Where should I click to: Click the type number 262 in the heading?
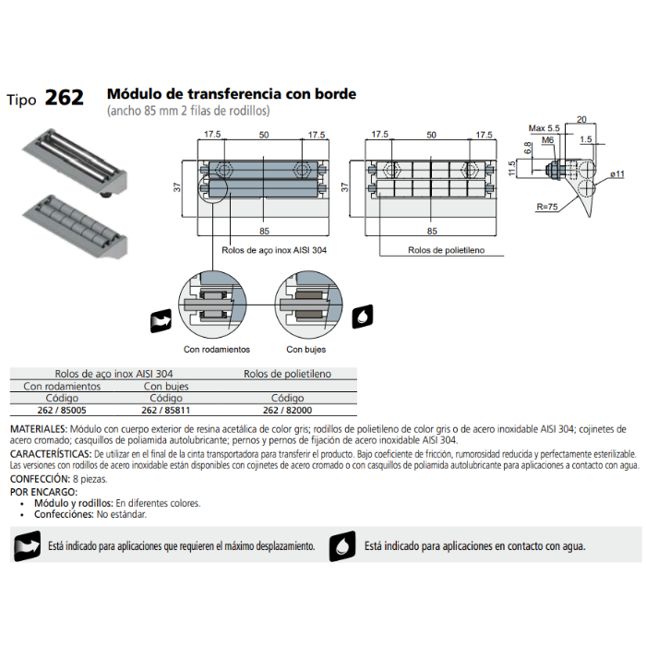pos(64,98)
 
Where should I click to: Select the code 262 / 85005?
pos(61,410)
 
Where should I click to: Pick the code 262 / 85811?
pos(166,410)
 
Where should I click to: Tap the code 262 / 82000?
pos(287,410)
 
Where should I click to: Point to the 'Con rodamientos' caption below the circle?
pos(217,350)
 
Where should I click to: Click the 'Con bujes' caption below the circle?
pos(305,350)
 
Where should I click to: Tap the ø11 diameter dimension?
pos(617,173)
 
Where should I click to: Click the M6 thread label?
pos(546,140)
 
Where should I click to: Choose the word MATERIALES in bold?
pos(38,430)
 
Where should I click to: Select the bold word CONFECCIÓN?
pos(39,480)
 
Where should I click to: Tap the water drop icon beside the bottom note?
pos(342,545)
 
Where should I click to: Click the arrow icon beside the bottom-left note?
pos(25,545)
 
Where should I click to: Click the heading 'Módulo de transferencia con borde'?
pos(232,94)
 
